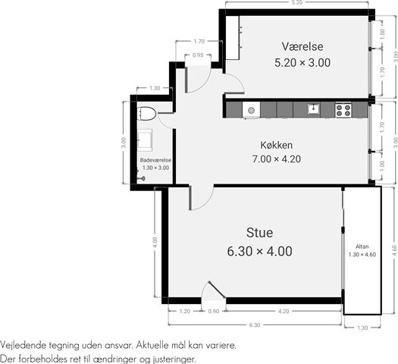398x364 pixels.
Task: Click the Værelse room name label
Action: (x=302, y=46)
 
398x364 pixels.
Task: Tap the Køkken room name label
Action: (x=277, y=145)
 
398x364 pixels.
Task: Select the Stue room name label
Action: (x=260, y=233)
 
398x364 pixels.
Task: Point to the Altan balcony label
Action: (x=362, y=246)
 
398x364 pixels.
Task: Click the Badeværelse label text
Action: (x=155, y=160)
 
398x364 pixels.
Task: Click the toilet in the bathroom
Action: (x=146, y=113)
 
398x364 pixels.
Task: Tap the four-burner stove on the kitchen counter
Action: (x=343, y=110)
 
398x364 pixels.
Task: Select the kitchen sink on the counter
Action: (x=314, y=109)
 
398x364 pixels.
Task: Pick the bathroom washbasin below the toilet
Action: (x=145, y=140)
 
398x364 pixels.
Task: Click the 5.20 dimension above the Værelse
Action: (x=296, y=3)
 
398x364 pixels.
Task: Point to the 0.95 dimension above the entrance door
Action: (x=198, y=55)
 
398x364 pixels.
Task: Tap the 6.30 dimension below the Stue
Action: (x=255, y=325)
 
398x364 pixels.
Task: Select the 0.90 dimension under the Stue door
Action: (x=214, y=311)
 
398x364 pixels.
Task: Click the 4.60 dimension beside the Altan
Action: (x=394, y=250)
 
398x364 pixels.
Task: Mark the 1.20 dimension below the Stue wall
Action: (x=185, y=311)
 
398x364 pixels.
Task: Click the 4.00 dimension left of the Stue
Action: (x=155, y=242)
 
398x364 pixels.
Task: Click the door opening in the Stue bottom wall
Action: (x=214, y=300)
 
